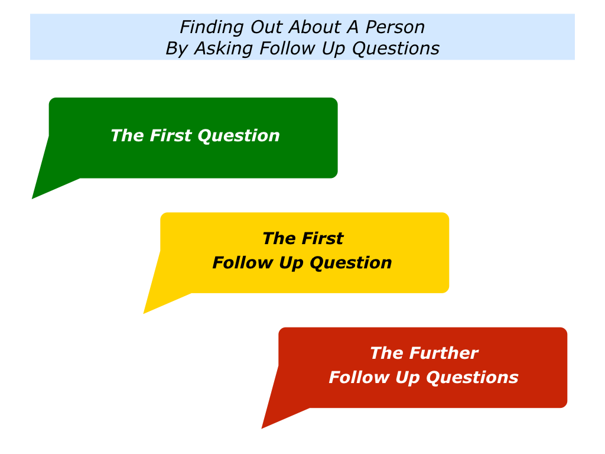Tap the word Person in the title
click(395, 27)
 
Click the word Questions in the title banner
click(396, 48)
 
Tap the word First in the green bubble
click(171, 135)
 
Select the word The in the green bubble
click(128, 135)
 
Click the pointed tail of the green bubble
click(32, 199)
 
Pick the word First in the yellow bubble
click(322, 238)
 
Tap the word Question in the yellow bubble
click(351, 263)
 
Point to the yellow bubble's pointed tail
click(144, 313)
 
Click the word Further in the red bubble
click(444, 353)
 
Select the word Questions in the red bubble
click(472, 378)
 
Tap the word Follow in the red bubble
click(359, 377)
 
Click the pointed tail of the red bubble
click(262, 428)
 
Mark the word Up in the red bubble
click(408, 378)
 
